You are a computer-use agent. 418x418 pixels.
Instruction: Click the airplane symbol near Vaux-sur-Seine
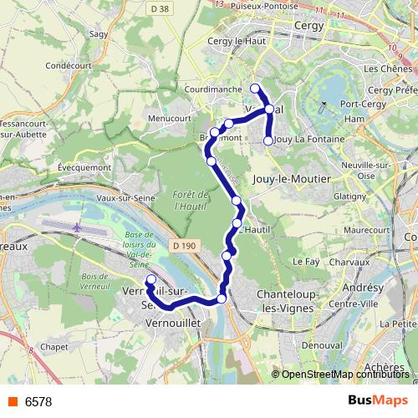click(78, 227)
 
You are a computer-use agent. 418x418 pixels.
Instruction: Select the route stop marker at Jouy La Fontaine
click(268, 140)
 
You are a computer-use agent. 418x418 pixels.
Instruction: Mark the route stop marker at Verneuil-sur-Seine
click(150, 280)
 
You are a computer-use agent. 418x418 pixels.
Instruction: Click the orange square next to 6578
click(13, 402)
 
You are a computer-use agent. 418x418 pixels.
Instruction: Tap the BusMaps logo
click(378, 401)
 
